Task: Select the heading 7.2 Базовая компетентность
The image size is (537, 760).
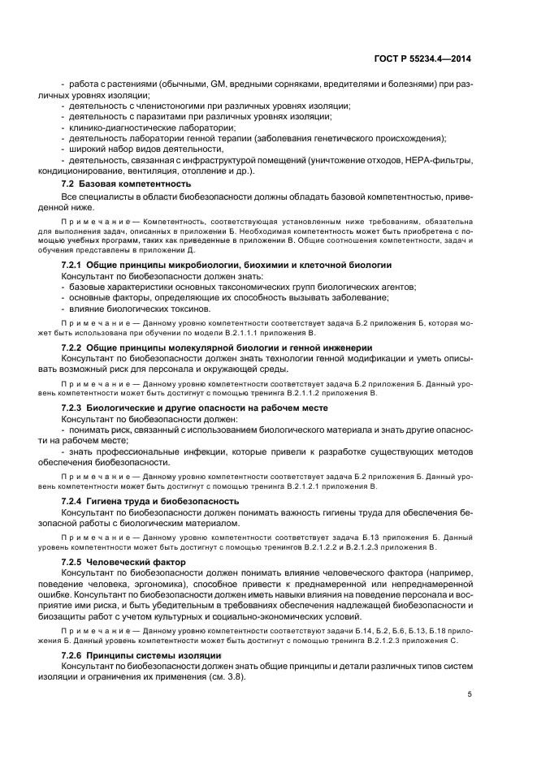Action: point(119,186)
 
